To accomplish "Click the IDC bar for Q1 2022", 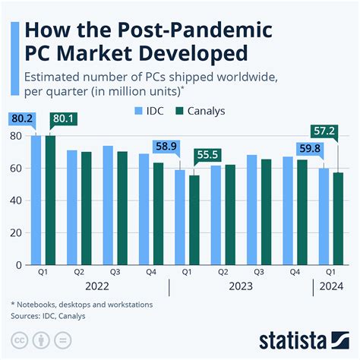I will point(36,201).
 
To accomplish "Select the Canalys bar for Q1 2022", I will point(51,201).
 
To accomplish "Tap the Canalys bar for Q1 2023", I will point(194,220).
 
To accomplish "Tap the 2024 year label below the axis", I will point(330,286).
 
